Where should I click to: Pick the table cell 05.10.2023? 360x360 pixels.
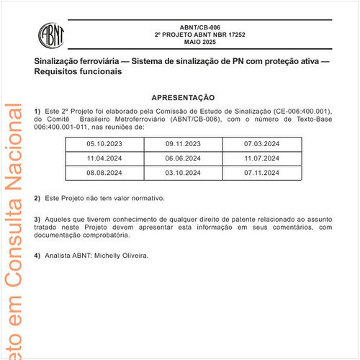105,144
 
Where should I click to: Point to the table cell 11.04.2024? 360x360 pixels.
105,158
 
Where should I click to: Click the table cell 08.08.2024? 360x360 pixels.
105,174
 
